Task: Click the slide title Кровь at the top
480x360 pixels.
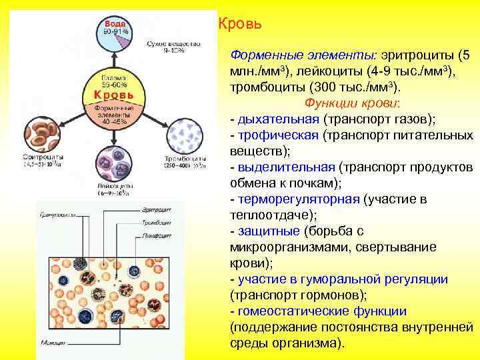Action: point(239,24)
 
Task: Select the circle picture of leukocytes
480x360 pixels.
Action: point(113,163)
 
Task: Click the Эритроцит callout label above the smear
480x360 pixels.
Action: point(156,210)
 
